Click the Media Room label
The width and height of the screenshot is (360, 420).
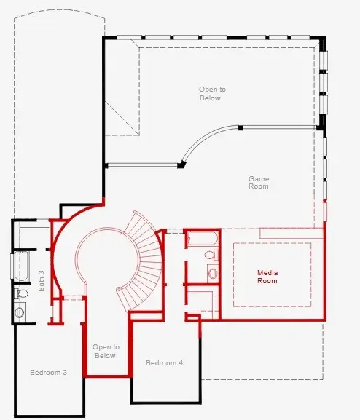267,277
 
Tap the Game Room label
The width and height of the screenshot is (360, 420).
259,182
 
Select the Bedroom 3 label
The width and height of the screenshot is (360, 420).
49,372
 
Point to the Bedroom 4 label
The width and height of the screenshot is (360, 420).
165,362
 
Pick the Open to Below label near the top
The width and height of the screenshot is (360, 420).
212,93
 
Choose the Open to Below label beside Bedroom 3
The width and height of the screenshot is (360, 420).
105,352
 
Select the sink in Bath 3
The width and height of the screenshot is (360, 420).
20,312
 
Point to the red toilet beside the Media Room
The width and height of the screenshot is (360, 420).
210,255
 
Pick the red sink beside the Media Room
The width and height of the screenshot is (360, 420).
213,273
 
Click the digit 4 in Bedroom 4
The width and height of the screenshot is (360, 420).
181,362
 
